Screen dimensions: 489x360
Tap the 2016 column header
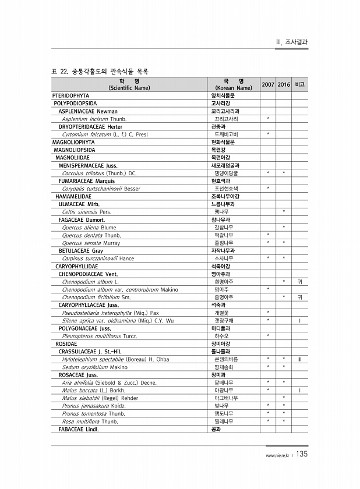284,84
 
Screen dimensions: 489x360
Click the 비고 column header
300,84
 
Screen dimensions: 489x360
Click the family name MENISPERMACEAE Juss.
88,165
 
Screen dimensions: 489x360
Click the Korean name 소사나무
224,258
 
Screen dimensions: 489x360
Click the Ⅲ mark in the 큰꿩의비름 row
299,359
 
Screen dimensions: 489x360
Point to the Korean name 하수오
221,336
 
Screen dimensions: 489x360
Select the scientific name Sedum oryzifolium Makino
94,367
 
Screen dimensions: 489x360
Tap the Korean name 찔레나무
224,421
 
